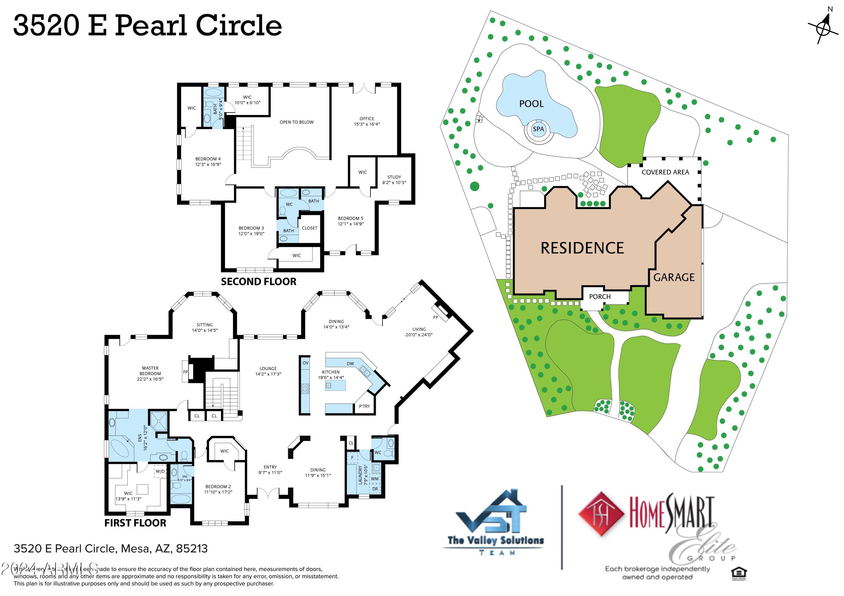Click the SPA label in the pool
[538, 129]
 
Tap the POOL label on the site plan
[531, 104]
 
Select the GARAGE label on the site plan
[674, 277]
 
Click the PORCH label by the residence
[600, 297]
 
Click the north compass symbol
[822, 28]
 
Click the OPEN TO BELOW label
[296, 122]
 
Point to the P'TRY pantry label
[364, 406]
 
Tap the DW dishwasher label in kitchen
[350, 364]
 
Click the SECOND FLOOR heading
[259, 282]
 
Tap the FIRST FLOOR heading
[135, 523]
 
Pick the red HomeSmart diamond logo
[601, 514]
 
